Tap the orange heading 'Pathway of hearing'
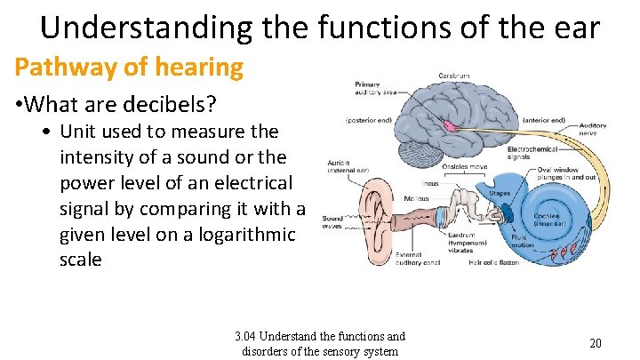tap(128, 66)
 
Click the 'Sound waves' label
tap(332, 221)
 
